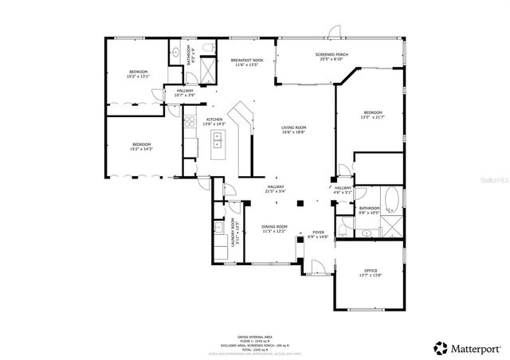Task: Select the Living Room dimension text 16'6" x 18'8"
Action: (x=294, y=132)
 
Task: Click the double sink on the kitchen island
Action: (x=216, y=143)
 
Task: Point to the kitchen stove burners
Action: (x=190, y=122)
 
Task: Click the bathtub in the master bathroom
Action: (x=392, y=197)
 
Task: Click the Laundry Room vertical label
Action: (x=233, y=232)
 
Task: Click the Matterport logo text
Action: (x=471, y=348)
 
